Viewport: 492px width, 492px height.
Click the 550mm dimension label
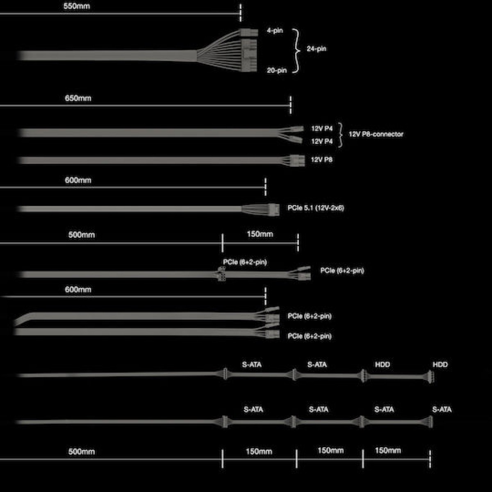77,6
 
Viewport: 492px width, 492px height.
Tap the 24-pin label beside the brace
316,49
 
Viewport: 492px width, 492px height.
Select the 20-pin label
277,71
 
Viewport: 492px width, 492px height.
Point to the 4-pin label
275,30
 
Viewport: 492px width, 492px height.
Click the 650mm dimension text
78,98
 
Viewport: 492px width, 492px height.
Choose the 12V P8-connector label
376,134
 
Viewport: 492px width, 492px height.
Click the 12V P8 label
321,159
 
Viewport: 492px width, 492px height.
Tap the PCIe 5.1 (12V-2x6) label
316,208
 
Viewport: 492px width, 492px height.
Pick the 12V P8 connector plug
297,160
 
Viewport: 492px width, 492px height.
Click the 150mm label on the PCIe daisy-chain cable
260,234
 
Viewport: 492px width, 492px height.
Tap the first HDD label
383,364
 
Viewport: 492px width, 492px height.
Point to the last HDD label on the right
440,364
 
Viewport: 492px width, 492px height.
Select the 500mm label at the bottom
81,452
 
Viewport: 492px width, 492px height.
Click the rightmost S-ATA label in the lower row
442,409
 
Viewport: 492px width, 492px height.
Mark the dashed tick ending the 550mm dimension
240,13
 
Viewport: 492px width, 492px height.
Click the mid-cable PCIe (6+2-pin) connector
221,274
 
